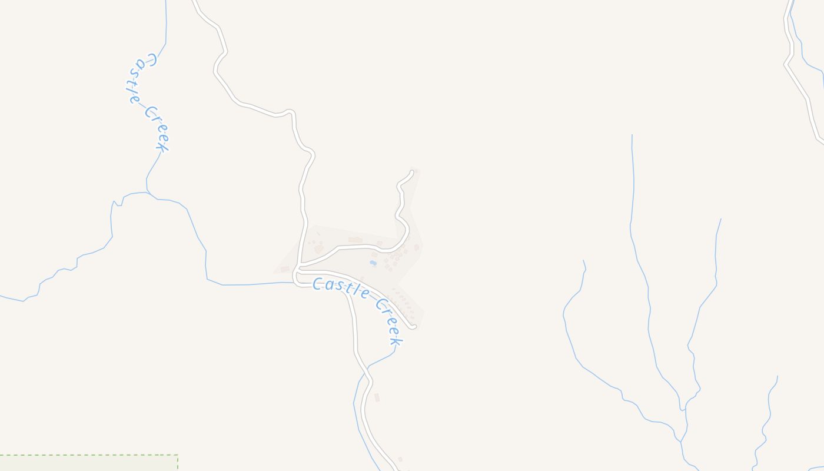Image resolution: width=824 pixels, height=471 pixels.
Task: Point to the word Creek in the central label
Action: (389, 321)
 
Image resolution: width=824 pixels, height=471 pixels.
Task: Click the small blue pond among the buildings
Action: (373, 263)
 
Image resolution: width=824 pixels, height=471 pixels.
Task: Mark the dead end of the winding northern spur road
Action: (412, 172)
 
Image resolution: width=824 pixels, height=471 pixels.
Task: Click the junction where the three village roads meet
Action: (298, 270)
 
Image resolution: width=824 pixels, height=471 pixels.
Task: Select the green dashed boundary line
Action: (88, 455)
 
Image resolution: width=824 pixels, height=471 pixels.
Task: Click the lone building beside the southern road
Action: (377, 397)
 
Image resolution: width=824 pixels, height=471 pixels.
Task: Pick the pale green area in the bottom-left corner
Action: (88, 463)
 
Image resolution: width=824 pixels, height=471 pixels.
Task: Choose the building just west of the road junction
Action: (285, 269)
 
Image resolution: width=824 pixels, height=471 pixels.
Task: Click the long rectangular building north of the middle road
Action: (355, 240)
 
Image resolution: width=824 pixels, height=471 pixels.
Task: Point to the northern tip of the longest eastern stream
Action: (632, 135)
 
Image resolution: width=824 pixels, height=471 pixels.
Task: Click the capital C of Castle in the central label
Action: (318, 284)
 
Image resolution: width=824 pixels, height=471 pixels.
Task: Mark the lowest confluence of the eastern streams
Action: (682, 440)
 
